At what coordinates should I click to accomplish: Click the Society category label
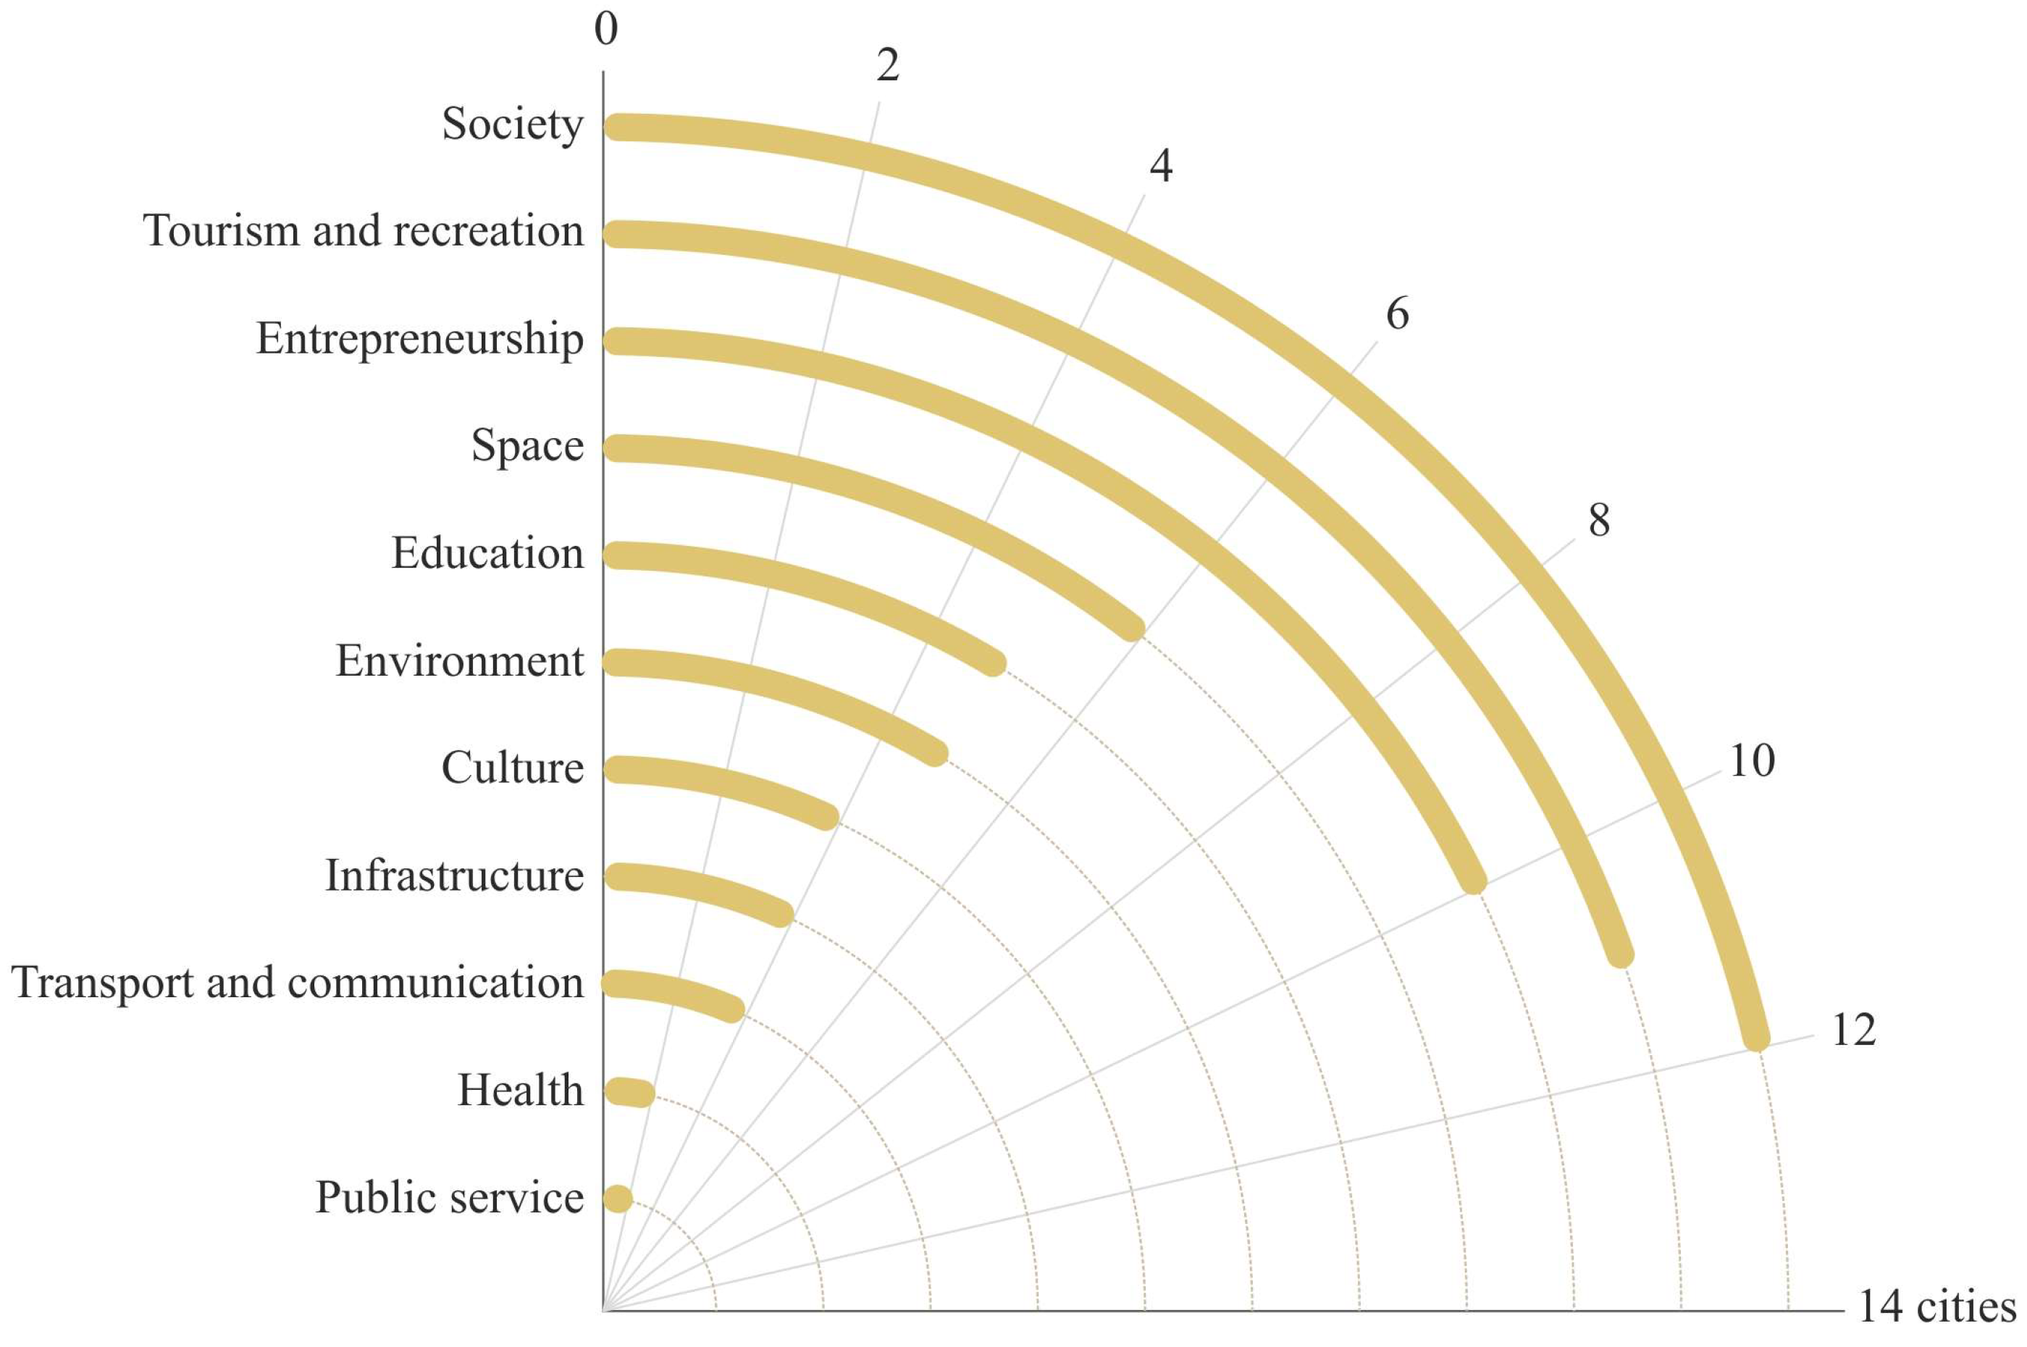coord(512,125)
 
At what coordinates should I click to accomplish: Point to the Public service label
coord(448,1198)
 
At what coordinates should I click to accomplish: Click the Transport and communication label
coord(296,983)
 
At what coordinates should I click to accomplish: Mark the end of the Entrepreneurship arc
coord(1473,881)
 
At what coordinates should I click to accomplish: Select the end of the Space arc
coord(1132,628)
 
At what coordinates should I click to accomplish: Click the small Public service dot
coord(617,1199)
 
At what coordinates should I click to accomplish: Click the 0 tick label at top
coord(605,29)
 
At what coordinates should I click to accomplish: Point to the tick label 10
coord(1750,761)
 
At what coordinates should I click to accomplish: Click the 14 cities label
coord(1936,1306)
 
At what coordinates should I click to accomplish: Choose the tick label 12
coord(1852,1030)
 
